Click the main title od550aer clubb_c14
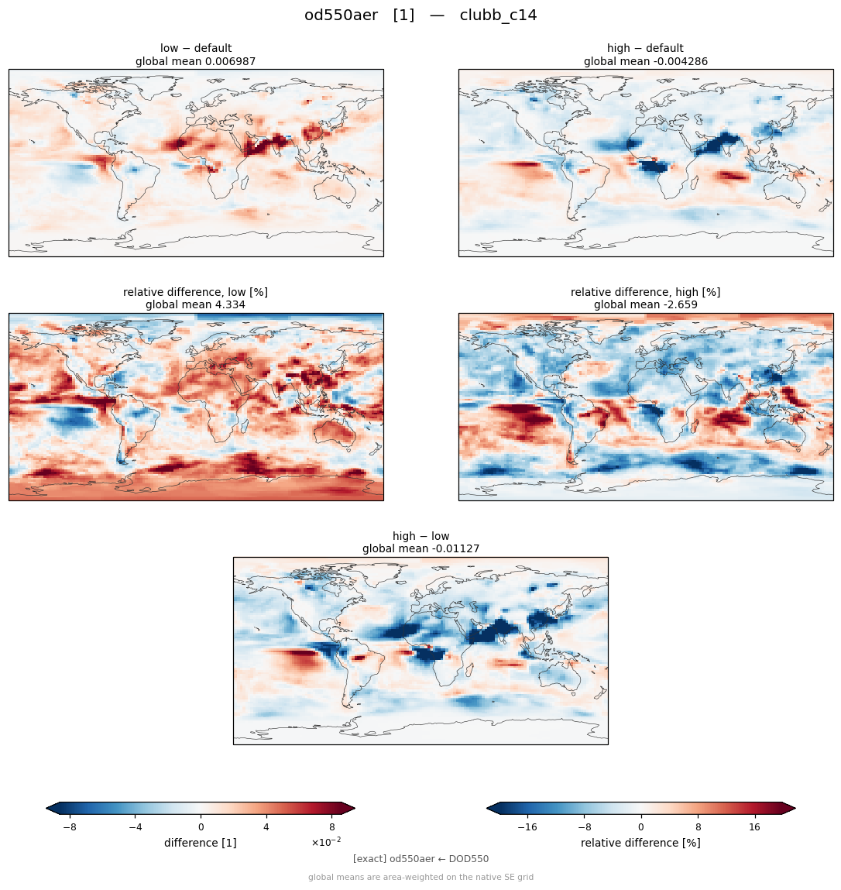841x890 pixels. (x=420, y=15)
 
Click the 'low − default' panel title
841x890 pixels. (x=196, y=48)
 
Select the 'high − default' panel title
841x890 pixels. (x=645, y=48)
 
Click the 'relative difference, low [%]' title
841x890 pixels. (x=195, y=292)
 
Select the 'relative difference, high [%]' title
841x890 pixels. (x=645, y=292)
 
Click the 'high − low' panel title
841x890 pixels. (x=420, y=536)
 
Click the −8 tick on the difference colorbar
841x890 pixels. (x=70, y=827)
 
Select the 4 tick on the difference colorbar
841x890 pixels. (x=266, y=827)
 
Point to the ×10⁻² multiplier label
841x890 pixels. (x=326, y=842)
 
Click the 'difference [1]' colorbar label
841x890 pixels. (x=201, y=843)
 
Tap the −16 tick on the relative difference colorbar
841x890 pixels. (x=527, y=827)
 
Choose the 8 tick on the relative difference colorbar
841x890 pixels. (x=698, y=827)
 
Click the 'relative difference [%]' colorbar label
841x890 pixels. (x=640, y=843)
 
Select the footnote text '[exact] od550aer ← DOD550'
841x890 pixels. (x=420, y=859)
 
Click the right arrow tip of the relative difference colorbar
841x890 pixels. (x=795, y=808)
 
